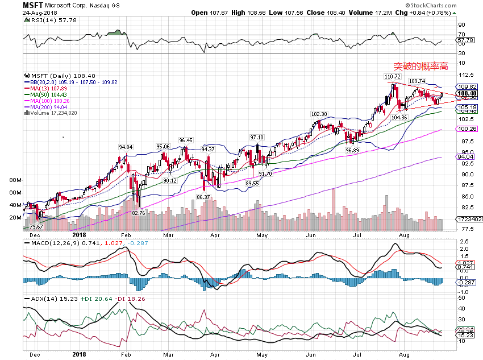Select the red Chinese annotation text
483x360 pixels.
coord(421,66)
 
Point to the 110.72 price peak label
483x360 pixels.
coord(392,76)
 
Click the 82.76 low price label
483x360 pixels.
coord(139,213)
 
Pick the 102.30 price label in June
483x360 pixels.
coord(319,114)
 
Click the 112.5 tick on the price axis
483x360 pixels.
coord(467,75)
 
